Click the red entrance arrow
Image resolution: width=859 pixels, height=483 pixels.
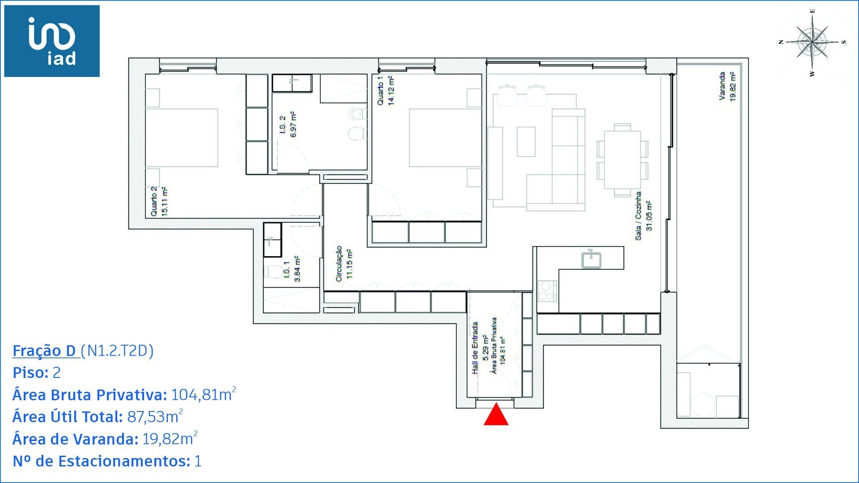[x=496, y=415]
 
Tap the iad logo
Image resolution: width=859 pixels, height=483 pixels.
[x=52, y=41]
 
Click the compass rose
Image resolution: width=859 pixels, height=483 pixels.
[x=812, y=42]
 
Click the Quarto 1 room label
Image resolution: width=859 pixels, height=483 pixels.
[x=385, y=90]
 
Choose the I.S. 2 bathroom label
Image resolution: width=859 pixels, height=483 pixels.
[x=288, y=125]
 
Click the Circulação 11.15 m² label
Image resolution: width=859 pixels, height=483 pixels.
[x=344, y=264]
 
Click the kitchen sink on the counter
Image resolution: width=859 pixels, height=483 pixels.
[x=591, y=259]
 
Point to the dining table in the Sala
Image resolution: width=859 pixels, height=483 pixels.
[x=622, y=159]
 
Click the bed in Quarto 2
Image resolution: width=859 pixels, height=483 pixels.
[x=181, y=138]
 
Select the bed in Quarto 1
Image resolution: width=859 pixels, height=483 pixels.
[x=445, y=138]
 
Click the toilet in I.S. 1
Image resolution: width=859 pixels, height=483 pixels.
[x=273, y=271]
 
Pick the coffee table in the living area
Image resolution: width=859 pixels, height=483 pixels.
[x=526, y=142]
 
